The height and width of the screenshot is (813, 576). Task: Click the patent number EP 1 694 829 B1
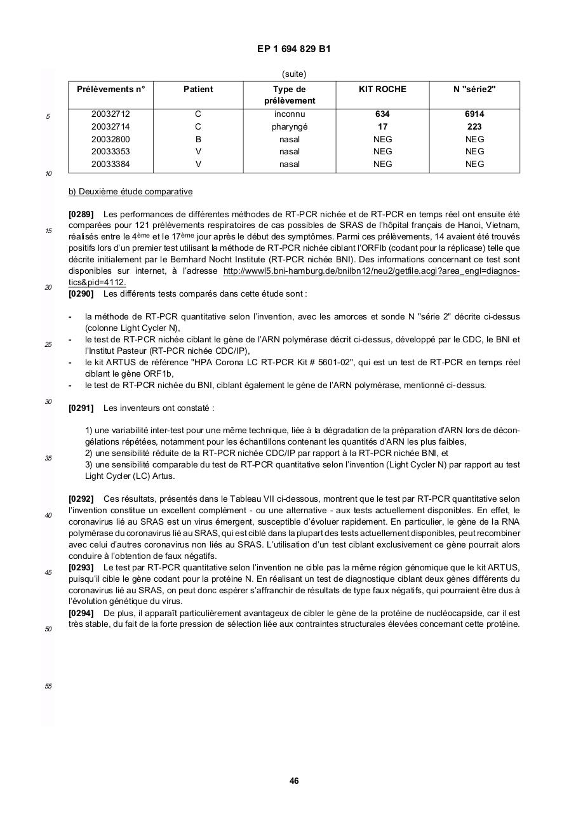(293, 49)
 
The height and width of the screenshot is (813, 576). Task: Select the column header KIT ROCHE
(382, 90)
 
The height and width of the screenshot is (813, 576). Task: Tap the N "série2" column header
(474, 90)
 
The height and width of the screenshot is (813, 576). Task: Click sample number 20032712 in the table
(111, 114)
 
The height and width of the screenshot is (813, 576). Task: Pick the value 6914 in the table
(474, 114)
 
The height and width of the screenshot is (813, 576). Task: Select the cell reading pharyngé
(289, 126)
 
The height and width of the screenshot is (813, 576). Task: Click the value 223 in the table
(474, 126)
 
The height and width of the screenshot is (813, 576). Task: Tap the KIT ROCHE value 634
(382, 114)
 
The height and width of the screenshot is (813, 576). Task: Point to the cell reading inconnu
(289, 114)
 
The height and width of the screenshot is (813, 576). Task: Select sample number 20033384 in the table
(111, 164)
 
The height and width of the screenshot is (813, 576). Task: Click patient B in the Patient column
(198, 139)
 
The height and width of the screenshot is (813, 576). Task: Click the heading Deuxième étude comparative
(130, 192)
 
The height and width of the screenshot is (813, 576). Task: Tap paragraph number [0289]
(81, 215)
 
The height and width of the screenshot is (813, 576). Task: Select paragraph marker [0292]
(81, 499)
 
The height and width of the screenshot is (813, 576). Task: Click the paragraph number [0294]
(81, 613)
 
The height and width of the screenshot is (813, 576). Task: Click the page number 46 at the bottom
(294, 781)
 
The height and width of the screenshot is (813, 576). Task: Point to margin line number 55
(48, 687)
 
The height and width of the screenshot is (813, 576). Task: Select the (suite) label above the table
(293, 74)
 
